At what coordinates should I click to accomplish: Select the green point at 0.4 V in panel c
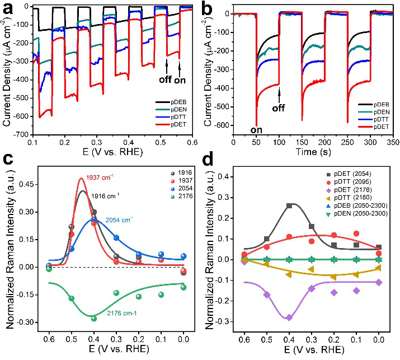pos(94,319)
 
